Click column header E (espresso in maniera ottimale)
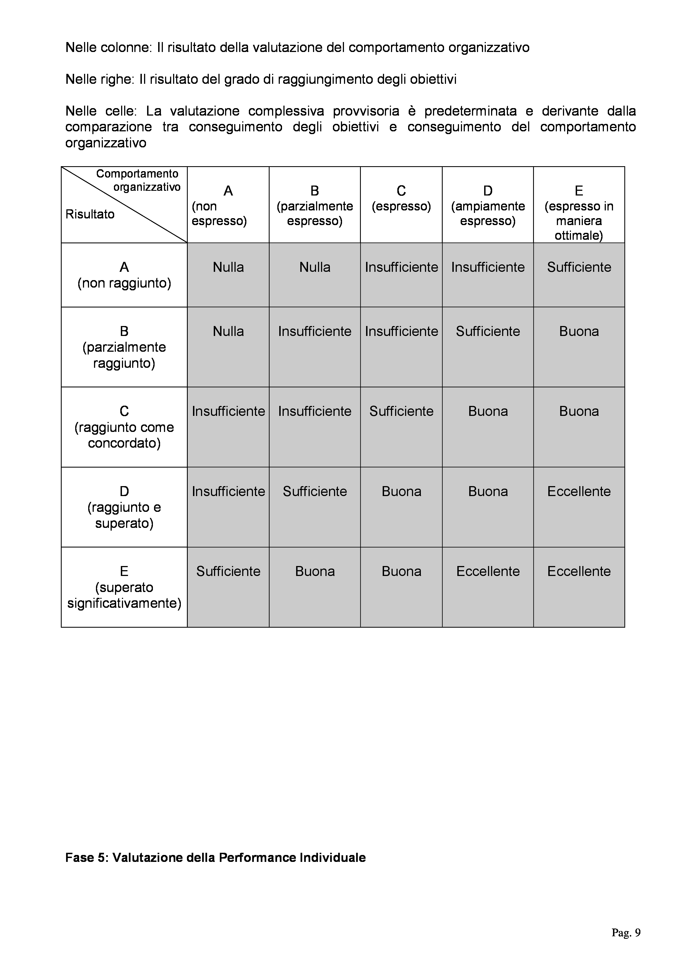pyautogui.click(x=579, y=213)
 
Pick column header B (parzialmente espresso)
pyautogui.click(x=314, y=206)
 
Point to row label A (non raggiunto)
pyautogui.click(x=124, y=275)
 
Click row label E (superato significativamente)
pyautogui.click(x=124, y=587)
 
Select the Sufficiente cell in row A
pyautogui.click(x=579, y=267)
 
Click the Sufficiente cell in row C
pyautogui.click(x=401, y=411)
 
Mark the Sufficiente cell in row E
pyautogui.click(x=228, y=571)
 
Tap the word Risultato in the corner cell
pyautogui.click(x=90, y=214)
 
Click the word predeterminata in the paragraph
pyautogui.click(x=471, y=111)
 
